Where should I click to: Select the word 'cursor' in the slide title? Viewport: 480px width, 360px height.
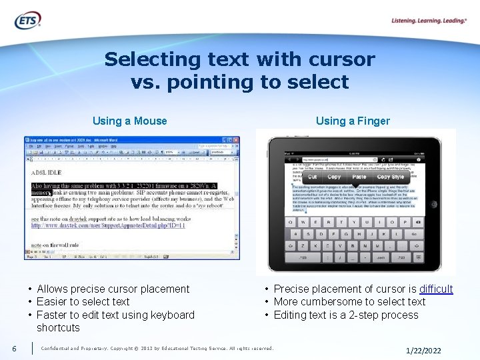[x=346, y=59]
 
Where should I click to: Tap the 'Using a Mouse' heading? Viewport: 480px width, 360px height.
[x=129, y=121]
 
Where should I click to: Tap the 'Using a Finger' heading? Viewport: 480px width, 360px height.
[x=353, y=121]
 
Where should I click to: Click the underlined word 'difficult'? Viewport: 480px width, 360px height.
[x=435, y=289]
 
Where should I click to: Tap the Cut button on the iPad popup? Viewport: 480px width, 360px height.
[x=313, y=177]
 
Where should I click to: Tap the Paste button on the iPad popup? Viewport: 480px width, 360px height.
[x=359, y=177]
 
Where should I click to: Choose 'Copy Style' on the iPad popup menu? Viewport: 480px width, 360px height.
[x=391, y=177]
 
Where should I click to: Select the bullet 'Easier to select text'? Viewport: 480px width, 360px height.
[x=83, y=301]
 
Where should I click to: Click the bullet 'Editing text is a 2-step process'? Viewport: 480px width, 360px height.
[x=346, y=315]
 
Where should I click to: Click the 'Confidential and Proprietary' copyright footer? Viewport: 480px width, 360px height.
[x=157, y=348]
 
